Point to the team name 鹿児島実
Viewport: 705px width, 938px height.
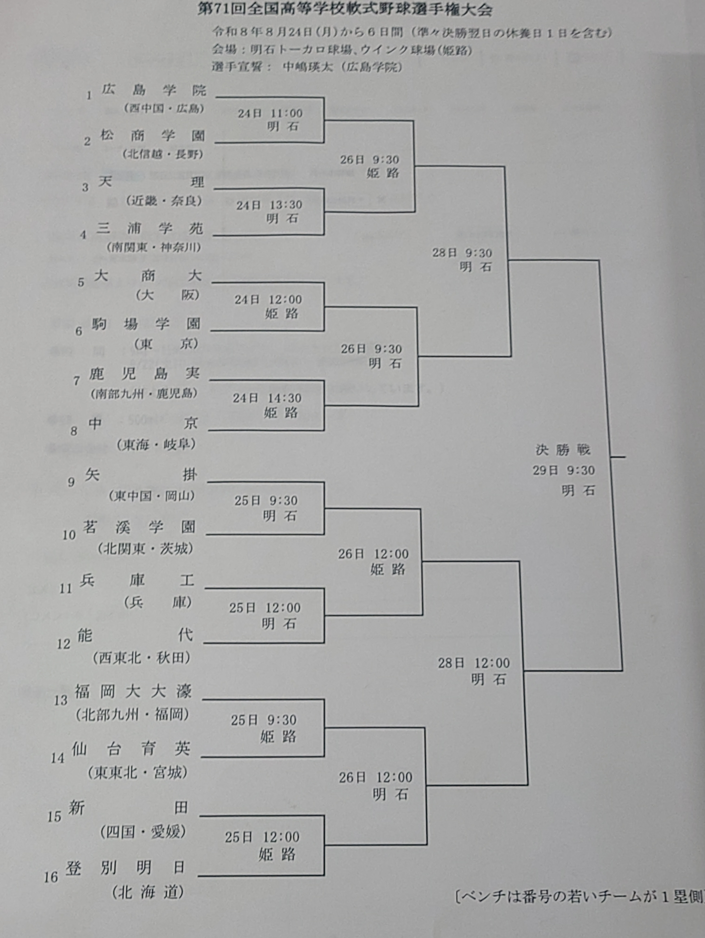(x=144, y=374)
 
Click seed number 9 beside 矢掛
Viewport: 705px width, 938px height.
(x=71, y=482)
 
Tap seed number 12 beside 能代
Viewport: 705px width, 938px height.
(x=64, y=644)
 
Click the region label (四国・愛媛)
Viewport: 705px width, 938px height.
(x=143, y=832)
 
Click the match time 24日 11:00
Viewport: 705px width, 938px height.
(x=270, y=113)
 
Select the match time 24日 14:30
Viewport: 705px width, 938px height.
(x=267, y=398)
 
